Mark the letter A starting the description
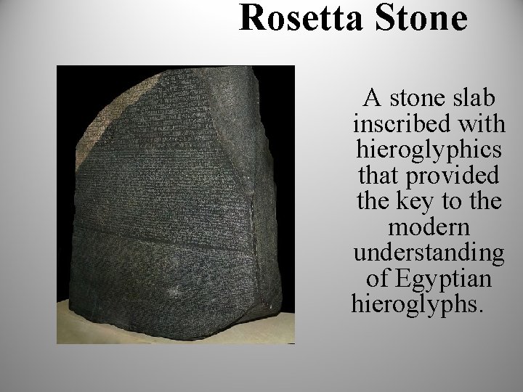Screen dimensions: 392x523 pos(371,97)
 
